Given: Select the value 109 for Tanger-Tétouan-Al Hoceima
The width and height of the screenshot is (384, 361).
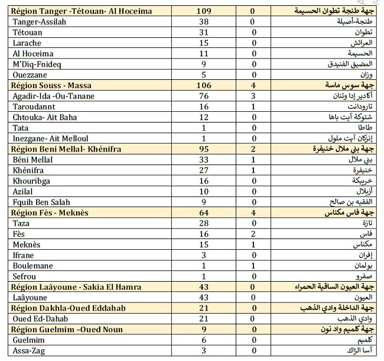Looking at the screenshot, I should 204,11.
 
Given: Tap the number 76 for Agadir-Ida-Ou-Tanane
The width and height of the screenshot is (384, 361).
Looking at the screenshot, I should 204,96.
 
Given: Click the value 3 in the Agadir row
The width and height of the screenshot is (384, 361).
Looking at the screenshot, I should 252,96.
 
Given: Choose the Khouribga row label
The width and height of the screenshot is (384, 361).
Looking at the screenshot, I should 33,180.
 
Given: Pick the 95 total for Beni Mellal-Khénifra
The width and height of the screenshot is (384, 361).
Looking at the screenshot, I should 204,149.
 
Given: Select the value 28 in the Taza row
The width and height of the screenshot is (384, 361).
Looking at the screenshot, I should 204,223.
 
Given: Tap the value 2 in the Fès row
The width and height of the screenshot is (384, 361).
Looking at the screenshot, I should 252,234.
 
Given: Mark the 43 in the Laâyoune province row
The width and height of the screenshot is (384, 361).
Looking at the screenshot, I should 204,298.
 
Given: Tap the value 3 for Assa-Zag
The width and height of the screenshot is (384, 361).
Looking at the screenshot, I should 204,351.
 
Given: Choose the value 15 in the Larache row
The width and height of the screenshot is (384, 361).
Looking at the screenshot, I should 204,43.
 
